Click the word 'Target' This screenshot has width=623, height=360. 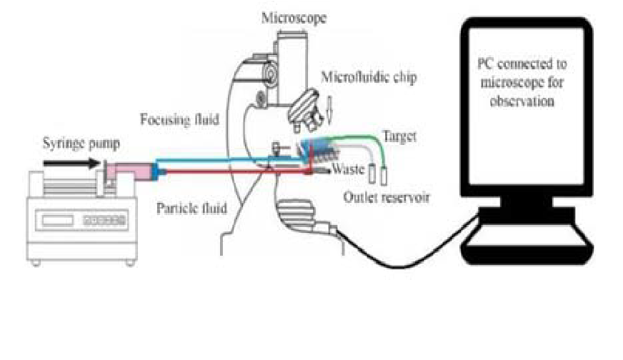tap(399, 134)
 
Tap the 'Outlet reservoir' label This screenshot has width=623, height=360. tap(386, 197)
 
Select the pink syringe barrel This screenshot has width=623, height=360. tap(129, 171)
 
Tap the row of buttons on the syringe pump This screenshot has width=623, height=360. tap(104, 221)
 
